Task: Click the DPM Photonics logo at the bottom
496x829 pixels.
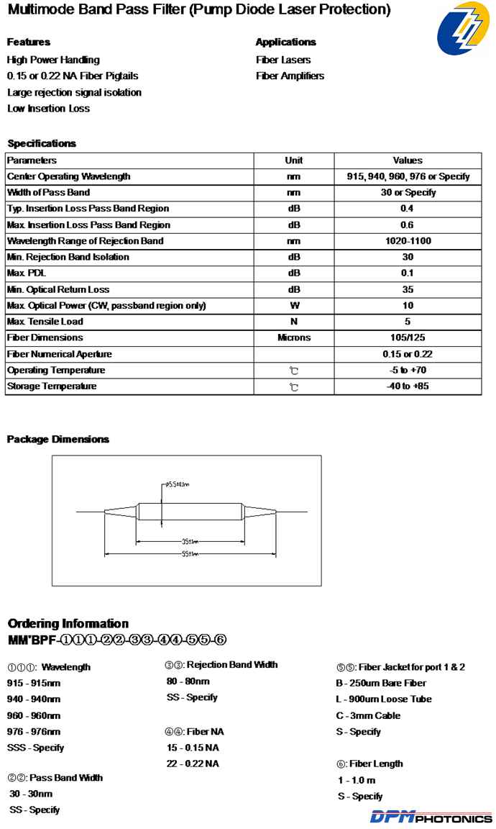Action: click(431, 817)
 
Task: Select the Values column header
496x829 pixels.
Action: click(408, 160)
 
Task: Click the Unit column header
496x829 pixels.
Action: click(293, 160)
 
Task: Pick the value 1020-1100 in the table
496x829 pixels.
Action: click(408, 241)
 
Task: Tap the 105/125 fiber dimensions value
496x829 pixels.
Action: click(408, 338)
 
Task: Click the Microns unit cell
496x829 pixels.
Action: click(293, 338)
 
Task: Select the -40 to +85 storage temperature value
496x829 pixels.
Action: click(408, 386)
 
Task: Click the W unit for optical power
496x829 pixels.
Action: click(293, 306)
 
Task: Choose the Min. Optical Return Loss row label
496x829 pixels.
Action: click(58, 289)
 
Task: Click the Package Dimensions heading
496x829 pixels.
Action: click(58, 439)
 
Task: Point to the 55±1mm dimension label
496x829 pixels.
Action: click(190, 553)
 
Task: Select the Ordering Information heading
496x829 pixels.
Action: click(68, 623)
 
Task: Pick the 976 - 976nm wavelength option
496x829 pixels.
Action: click(34, 731)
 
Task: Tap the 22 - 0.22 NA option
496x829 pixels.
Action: click(193, 764)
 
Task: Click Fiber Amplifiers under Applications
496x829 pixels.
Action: click(290, 76)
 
